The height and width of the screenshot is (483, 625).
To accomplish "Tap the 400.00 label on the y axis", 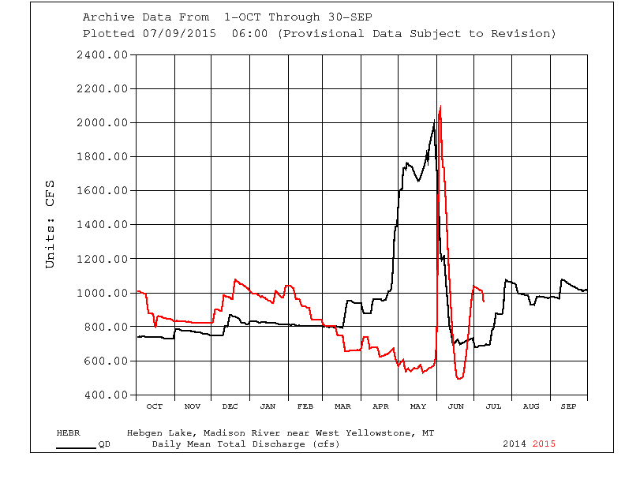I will click(x=106, y=395).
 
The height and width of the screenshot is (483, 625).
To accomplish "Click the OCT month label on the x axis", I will click(x=155, y=406).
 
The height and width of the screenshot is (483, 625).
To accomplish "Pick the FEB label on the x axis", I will click(x=305, y=406).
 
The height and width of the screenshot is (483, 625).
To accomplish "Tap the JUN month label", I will click(x=456, y=406).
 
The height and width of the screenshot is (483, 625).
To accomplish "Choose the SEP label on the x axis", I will click(x=569, y=406).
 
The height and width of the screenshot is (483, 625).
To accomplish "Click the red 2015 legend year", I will click(x=544, y=444).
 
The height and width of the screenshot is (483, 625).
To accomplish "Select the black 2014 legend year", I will click(x=515, y=444).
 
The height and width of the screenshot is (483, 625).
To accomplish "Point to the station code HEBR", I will click(x=68, y=433).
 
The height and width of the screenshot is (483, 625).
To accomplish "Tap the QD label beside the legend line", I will click(x=103, y=444).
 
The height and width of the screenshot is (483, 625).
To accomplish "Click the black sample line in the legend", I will click(x=76, y=447).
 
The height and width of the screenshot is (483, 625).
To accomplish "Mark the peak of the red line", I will click(x=440, y=106).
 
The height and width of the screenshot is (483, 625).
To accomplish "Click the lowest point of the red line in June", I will click(x=459, y=379).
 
